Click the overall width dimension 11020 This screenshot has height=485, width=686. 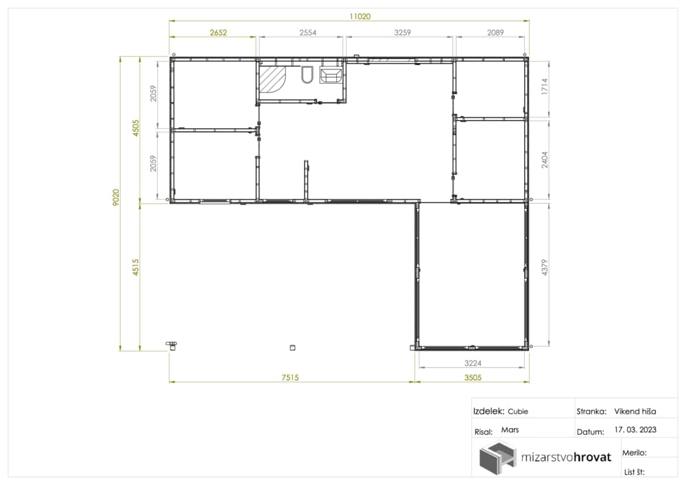[x=359, y=16]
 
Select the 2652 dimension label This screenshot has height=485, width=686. [x=218, y=32]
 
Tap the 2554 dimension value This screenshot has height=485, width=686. [x=307, y=32]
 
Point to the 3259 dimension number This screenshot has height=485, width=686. [x=403, y=32]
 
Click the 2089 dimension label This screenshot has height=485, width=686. [x=495, y=32]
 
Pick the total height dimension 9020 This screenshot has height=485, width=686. [x=115, y=198]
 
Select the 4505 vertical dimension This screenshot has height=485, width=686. [x=136, y=128]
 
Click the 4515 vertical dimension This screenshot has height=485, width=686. [x=136, y=268]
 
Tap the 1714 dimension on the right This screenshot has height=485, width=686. [x=544, y=86]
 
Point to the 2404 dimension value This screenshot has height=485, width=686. [x=544, y=160]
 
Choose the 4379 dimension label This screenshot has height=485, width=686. [x=544, y=268]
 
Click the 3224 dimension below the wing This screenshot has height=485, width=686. [x=473, y=363]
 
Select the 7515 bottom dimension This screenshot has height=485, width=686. [x=290, y=377]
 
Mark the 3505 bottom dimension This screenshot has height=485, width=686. [x=473, y=377]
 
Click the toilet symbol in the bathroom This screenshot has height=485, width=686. [x=307, y=75]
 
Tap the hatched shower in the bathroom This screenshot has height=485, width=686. [x=271, y=80]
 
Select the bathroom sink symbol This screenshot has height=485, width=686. [x=331, y=75]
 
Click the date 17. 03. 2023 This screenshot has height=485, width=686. [x=635, y=429]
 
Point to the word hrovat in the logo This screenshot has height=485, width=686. [x=592, y=458]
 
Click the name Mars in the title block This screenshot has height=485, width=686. [x=510, y=429]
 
